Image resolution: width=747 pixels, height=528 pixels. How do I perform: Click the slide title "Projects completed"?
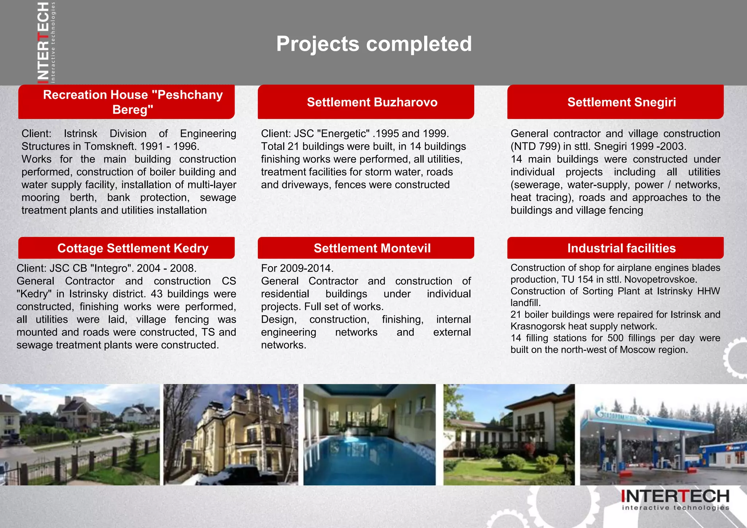click(x=374, y=44)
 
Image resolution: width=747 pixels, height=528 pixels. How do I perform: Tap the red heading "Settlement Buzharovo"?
click(x=372, y=102)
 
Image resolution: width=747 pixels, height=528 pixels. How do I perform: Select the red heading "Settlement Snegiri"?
click(x=622, y=102)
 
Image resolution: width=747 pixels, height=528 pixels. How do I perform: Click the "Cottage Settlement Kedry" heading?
click(x=133, y=248)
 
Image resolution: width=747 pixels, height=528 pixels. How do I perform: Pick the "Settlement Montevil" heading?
click(x=372, y=248)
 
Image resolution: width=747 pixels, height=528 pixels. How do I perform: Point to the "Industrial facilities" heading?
click(x=622, y=248)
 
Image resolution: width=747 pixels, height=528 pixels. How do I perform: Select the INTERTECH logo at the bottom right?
click(x=675, y=500)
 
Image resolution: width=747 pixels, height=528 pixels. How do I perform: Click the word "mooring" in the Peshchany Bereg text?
click(x=40, y=198)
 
